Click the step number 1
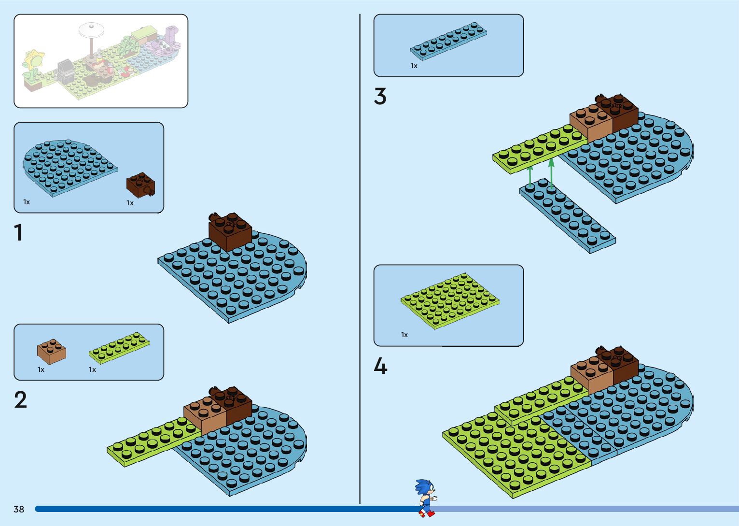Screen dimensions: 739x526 pyautogui.click(x=18, y=232)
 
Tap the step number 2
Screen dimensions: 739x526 pyautogui.click(x=20, y=400)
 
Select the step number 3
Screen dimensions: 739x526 pyautogui.click(x=380, y=96)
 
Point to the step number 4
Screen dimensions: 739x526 pyautogui.click(x=380, y=366)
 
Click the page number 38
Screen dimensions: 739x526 pyautogui.click(x=19, y=509)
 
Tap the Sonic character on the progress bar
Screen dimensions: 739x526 pyautogui.click(x=426, y=498)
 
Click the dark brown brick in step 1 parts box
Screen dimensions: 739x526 pyautogui.click(x=140, y=185)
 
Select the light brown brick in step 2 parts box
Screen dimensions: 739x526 pyautogui.click(x=51, y=351)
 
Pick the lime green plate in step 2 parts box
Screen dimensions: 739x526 pyautogui.click(x=119, y=348)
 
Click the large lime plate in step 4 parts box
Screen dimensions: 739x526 pyautogui.click(x=449, y=300)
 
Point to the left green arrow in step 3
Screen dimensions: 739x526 pyautogui.click(x=530, y=176)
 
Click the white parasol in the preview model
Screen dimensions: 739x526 pyautogui.click(x=91, y=30)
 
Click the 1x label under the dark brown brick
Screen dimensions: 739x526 pyautogui.click(x=130, y=203)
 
